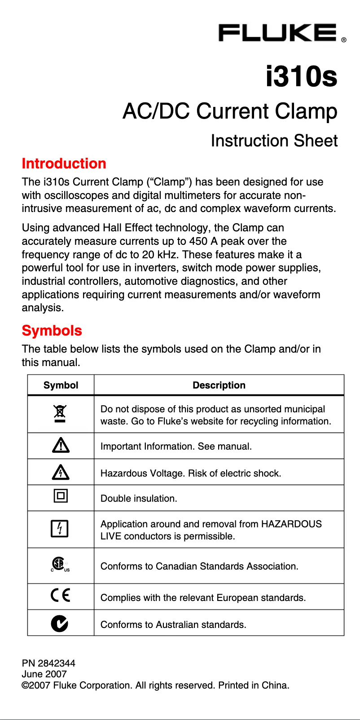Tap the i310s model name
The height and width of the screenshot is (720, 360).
click(301, 76)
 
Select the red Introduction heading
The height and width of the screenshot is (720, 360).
click(64, 163)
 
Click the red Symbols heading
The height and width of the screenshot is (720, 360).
click(52, 331)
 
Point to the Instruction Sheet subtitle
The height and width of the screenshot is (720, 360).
click(274, 141)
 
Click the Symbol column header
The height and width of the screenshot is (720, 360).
click(61, 385)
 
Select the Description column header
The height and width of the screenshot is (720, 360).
click(219, 385)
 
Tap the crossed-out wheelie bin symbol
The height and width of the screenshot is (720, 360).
click(60, 414)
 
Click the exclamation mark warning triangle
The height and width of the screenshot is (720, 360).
click(61, 445)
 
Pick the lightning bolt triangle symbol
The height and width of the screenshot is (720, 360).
click(61, 472)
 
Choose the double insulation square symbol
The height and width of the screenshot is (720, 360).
click(61, 496)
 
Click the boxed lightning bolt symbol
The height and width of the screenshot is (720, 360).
click(60, 529)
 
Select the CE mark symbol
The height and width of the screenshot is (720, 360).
click(61, 596)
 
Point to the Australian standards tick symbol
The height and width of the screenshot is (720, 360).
click(60, 623)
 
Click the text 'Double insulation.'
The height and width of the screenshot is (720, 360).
click(139, 499)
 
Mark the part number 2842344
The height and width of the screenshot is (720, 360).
click(57, 663)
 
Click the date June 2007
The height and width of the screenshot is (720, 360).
click(44, 674)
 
